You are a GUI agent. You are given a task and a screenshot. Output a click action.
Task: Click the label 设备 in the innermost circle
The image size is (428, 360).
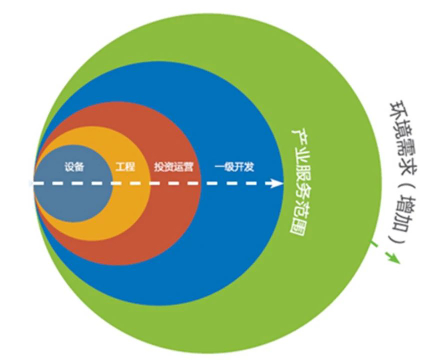[x=74, y=167]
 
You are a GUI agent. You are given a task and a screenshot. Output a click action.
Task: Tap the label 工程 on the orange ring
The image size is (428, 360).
[x=126, y=167]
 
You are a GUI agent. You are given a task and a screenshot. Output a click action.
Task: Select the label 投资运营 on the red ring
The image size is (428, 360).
[x=174, y=167]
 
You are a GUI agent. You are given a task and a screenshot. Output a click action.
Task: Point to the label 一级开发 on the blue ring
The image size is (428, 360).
[x=234, y=167]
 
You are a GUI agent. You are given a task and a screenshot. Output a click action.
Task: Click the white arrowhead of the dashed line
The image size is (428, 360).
[x=277, y=183]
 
